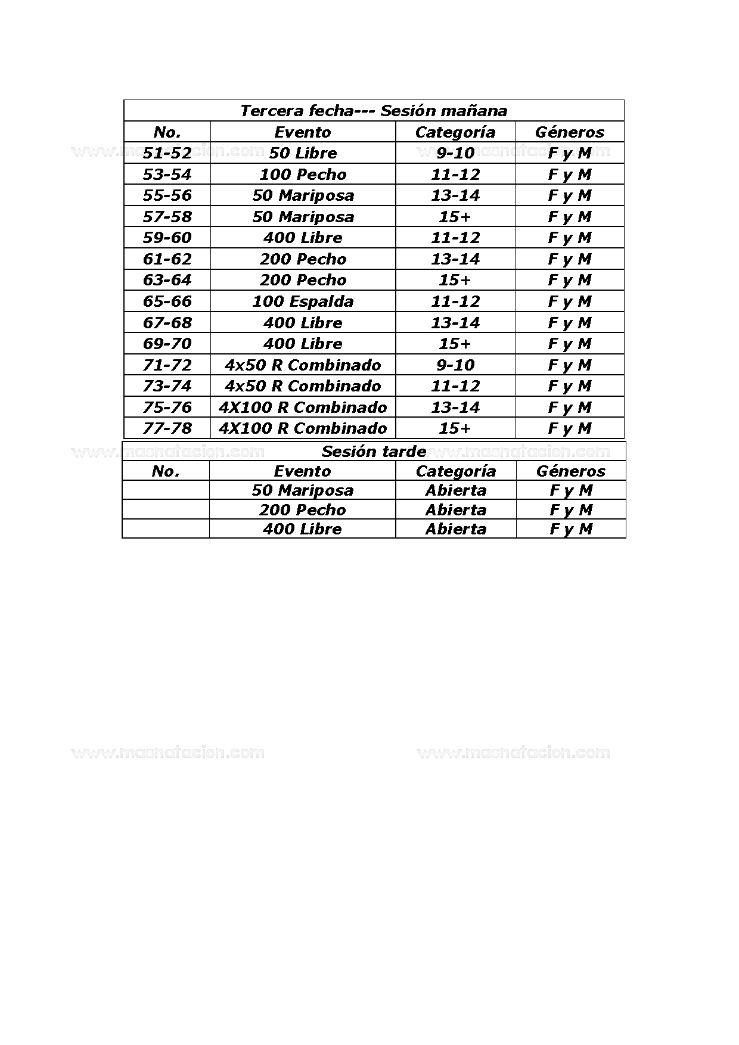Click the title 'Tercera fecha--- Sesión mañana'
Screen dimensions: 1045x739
tap(374, 111)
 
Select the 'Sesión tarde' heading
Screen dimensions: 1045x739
tap(374, 452)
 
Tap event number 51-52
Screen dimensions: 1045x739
tap(167, 153)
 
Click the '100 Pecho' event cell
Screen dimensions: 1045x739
tap(303, 175)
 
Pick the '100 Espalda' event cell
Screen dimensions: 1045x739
tap(303, 301)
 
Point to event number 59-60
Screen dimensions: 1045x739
tap(167, 238)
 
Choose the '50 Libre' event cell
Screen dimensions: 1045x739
tap(303, 153)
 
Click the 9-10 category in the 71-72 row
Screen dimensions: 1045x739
tap(455, 365)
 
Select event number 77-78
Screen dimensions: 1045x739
tap(167, 428)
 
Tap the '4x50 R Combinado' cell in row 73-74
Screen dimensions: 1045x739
tap(303, 386)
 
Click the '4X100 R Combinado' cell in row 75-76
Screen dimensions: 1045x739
tap(303, 408)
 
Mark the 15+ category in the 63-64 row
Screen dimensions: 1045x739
tap(455, 280)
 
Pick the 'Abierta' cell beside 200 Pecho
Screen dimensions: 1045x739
tap(456, 510)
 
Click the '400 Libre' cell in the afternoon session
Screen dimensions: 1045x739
tap(302, 529)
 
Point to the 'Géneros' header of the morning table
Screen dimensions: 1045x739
tap(569, 132)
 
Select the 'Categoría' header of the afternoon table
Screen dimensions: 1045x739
tap(456, 471)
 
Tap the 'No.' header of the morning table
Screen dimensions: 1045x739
tap(167, 132)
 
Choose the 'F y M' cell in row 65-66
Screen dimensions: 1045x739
tap(569, 301)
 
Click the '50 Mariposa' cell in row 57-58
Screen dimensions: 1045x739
tap(303, 217)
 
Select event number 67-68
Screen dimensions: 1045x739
tap(167, 323)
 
